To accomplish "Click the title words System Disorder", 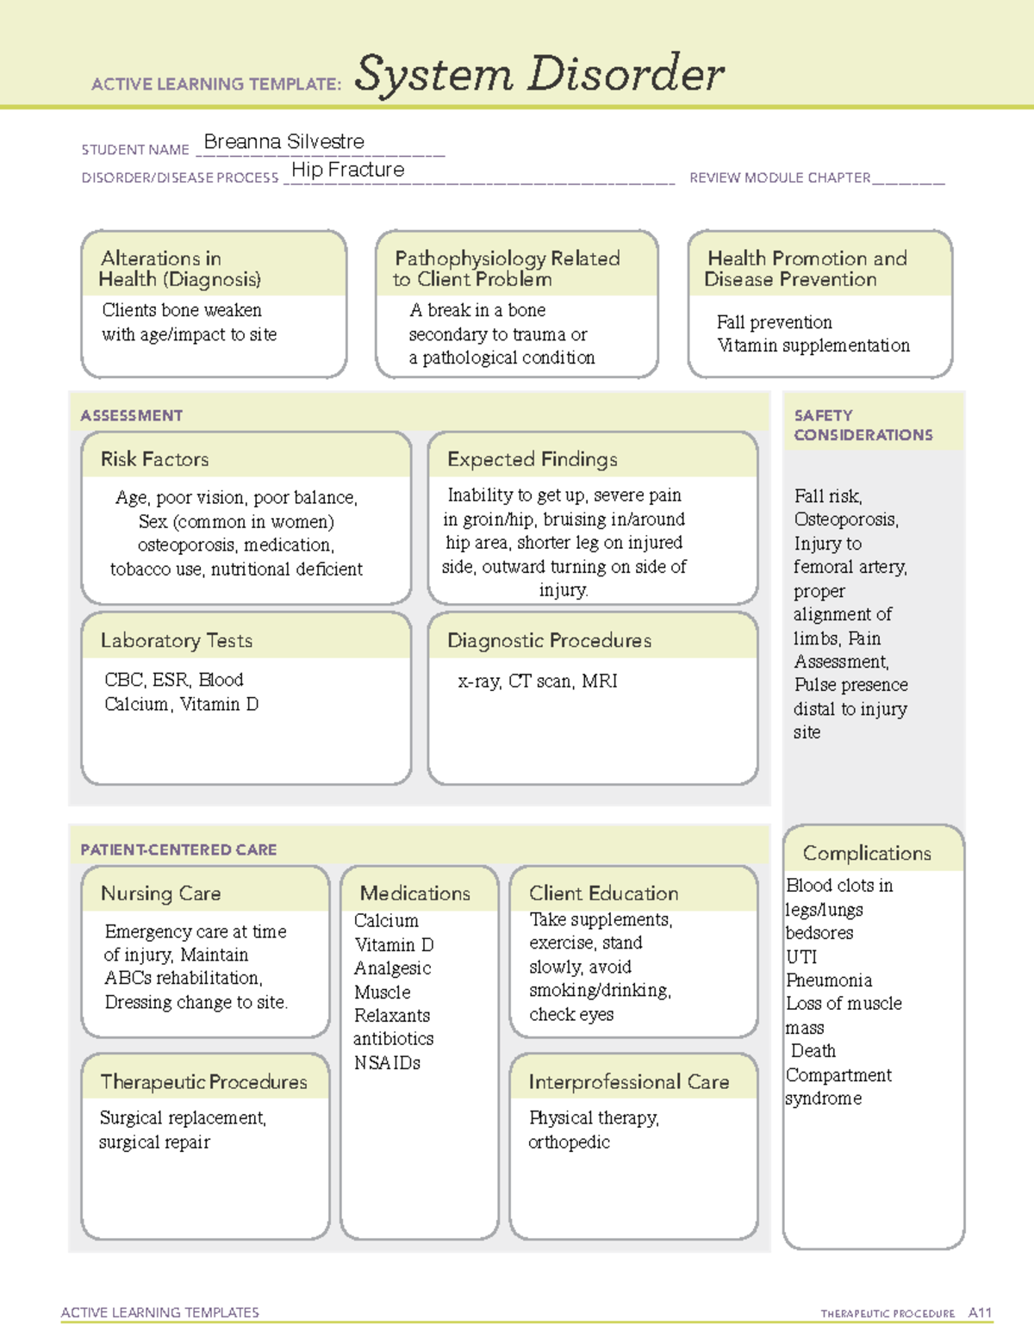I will click(539, 74).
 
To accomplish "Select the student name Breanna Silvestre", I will click(283, 141).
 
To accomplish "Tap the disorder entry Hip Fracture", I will click(347, 170).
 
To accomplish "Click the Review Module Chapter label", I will click(780, 177).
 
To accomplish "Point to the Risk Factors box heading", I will click(154, 459).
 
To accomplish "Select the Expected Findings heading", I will click(532, 459).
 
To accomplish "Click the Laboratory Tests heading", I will click(176, 640).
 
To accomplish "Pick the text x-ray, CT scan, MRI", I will click(538, 681).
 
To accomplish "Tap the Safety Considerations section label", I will click(863, 425).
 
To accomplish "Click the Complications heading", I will click(866, 853).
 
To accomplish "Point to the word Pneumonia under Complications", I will click(829, 980).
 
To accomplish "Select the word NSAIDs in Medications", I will click(387, 1063).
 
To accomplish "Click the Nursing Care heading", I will click(160, 893).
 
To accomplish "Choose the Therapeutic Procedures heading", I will click(203, 1081).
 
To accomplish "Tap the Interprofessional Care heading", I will click(628, 1081).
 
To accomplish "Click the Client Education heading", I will click(603, 893).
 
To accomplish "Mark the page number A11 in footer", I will click(980, 1313).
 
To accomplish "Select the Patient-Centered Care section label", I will click(178, 849).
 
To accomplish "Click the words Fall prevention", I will click(774, 322).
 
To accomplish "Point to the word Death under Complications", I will click(813, 1051).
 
